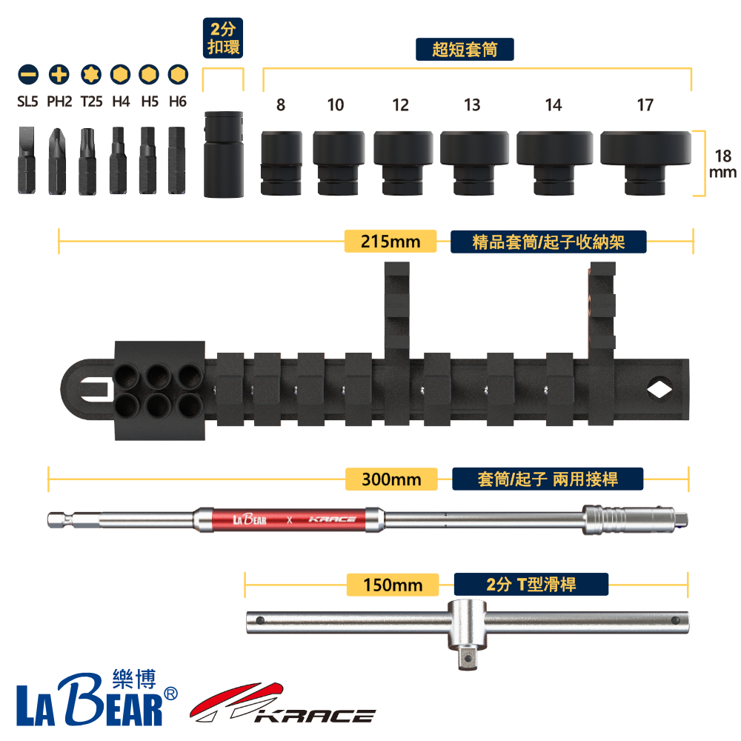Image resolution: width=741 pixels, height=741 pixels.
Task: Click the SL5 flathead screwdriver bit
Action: [27, 160]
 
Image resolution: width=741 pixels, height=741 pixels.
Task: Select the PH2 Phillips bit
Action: [57, 161]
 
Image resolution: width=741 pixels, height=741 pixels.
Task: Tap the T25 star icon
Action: [91, 75]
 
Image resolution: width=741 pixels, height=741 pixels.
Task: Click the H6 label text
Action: [178, 101]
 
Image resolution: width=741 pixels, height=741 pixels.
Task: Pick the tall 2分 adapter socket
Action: [224, 154]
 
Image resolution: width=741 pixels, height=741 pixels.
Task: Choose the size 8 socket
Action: [281, 163]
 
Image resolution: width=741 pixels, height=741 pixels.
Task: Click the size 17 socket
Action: [645, 163]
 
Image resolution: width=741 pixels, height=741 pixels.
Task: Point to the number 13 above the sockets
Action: [471, 104]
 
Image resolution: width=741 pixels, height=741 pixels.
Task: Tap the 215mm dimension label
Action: [391, 242]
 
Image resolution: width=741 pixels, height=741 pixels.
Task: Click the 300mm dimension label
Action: [391, 479]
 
